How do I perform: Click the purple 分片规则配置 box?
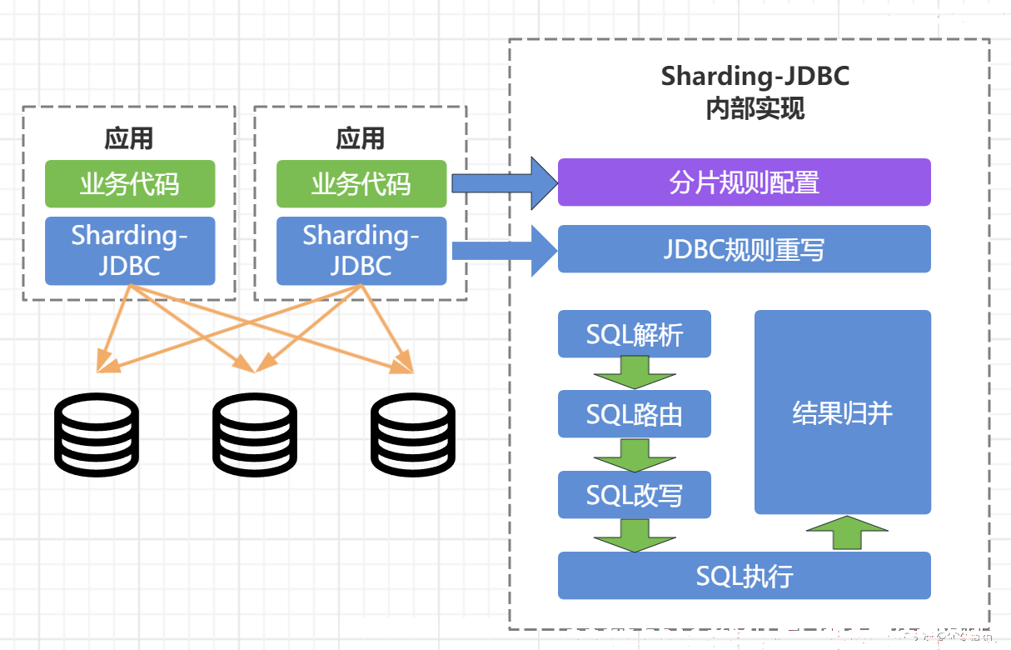pyautogui.click(x=745, y=182)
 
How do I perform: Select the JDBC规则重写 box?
pyautogui.click(x=745, y=249)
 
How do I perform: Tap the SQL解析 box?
pyautogui.click(x=634, y=334)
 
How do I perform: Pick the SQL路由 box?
pyautogui.click(x=634, y=414)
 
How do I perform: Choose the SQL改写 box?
pyautogui.click(x=634, y=495)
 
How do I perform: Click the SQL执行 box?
pyautogui.click(x=745, y=576)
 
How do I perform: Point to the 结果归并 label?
pyautogui.click(x=842, y=412)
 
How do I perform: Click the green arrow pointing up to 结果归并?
pyautogui.click(x=847, y=533)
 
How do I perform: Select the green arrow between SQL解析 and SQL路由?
pyautogui.click(x=635, y=372)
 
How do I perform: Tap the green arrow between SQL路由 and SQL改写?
pyautogui.click(x=635, y=455)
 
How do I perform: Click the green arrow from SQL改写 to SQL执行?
pyautogui.click(x=635, y=536)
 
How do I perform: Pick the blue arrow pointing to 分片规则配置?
pyautogui.click(x=505, y=183)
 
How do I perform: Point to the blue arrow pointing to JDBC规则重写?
pyautogui.click(x=505, y=251)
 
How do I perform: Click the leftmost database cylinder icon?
pyautogui.click(x=96, y=434)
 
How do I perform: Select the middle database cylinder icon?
pyautogui.click(x=255, y=434)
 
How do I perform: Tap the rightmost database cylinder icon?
pyautogui.click(x=413, y=434)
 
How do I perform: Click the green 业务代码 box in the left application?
pyautogui.click(x=130, y=184)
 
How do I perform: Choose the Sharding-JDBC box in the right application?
pyautogui.click(x=361, y=251)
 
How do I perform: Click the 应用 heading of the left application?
pyautogui.click(x=129, y=138)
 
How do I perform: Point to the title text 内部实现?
pyautogui.click(x=755, y=108)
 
